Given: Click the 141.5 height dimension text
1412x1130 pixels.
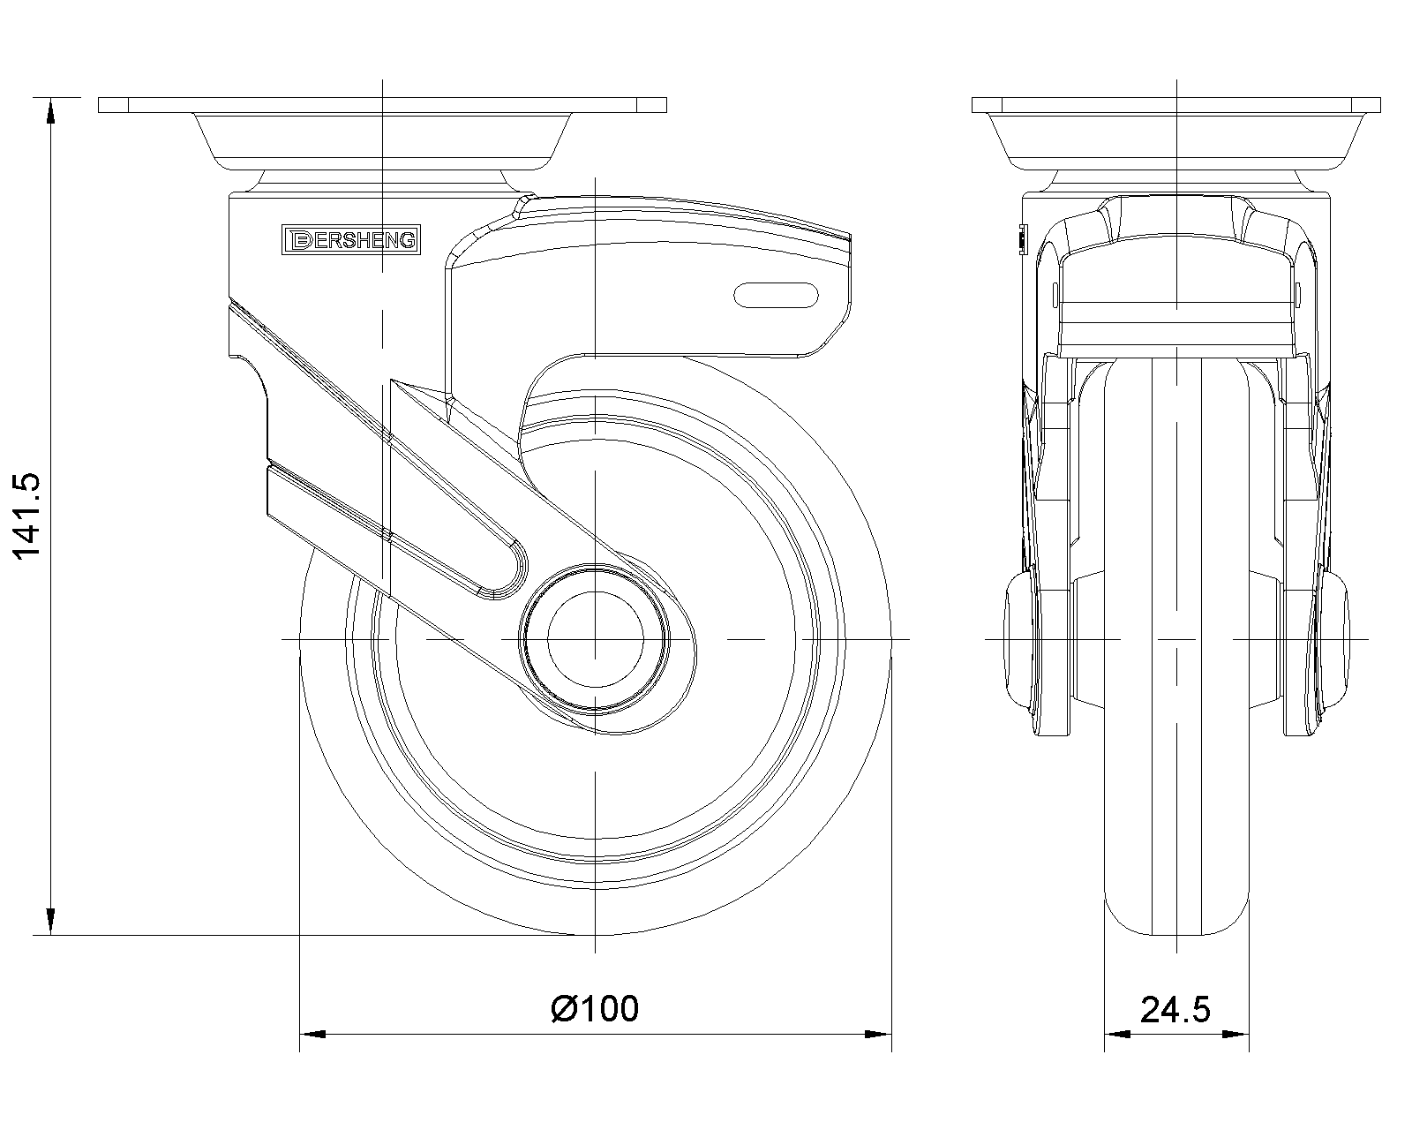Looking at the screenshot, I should [x=26, y=516].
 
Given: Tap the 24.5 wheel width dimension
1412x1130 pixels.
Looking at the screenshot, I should [x=1175, y=1008].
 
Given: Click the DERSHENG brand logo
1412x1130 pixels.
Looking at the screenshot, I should [x=350, y=239].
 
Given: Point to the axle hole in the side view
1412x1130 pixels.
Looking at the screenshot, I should [x=595, y=638].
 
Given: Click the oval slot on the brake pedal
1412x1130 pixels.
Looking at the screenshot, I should [x=775, y=295].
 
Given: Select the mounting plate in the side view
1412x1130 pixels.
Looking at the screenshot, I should [x=382, y=105].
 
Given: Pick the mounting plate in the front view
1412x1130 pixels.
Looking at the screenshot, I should [x=1177, y=105].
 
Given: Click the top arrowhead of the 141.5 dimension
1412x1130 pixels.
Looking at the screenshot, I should [x=50, y=109].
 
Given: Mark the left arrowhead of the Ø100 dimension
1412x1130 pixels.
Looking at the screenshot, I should [x=312, y=1033].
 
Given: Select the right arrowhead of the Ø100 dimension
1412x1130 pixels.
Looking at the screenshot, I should [x=877, y=1033].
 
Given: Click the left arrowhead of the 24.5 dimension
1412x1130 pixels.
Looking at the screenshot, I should [x=1117, y=1033].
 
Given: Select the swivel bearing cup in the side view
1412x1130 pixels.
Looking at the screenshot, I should [x=382, y=141].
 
